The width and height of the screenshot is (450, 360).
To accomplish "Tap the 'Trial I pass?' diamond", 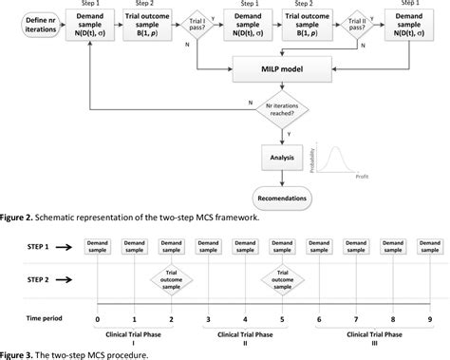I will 198,25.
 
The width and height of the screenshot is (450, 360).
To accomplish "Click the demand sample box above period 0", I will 98,245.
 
